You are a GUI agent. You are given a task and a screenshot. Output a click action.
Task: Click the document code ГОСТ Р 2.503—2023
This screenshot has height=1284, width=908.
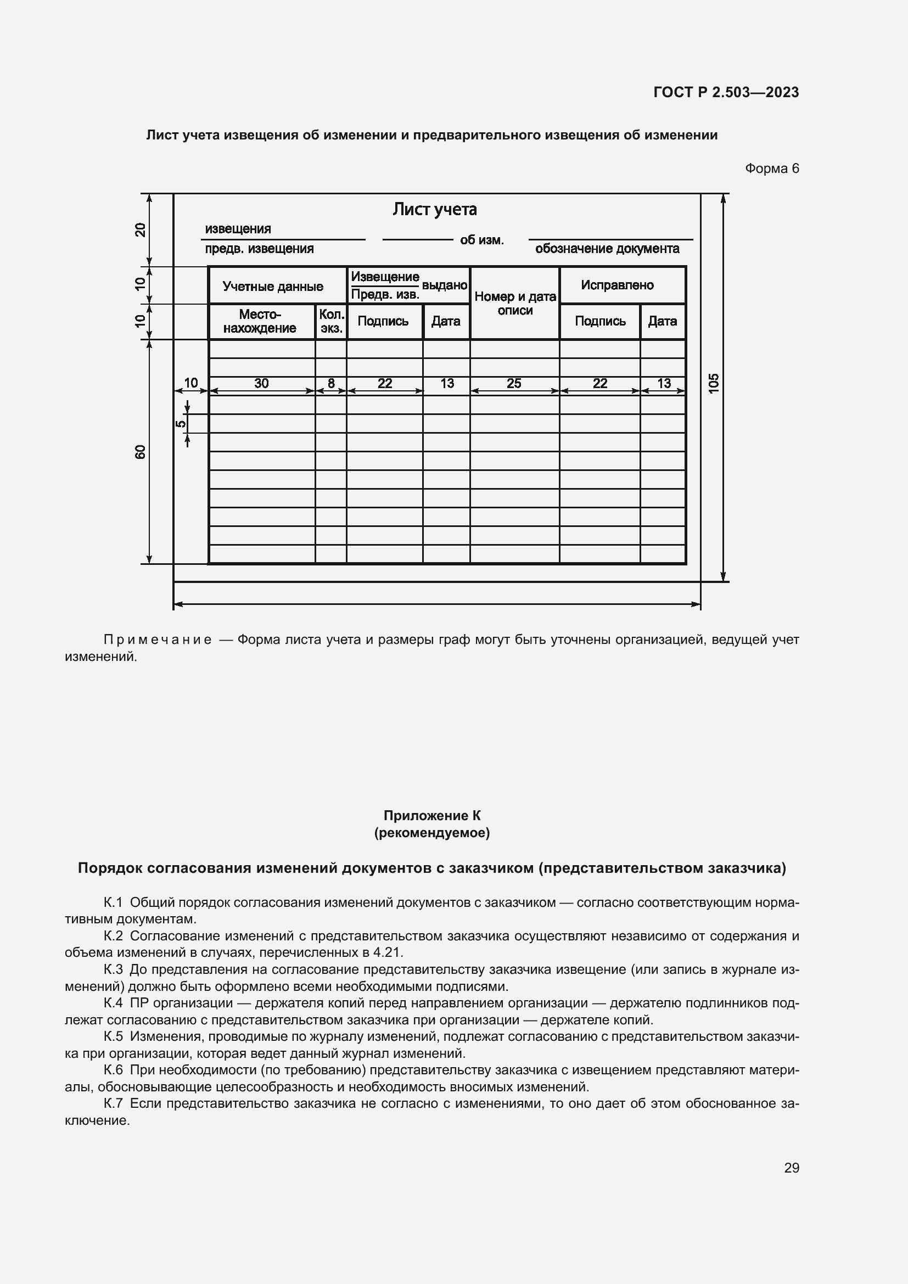click(726, 92)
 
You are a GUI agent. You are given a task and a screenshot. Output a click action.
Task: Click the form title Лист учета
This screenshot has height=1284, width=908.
click(434, 209)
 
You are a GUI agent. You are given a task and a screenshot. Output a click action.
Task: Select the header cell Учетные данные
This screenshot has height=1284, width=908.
click(273, 287)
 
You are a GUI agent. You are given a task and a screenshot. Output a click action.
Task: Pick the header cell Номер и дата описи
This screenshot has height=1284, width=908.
click(515, 303)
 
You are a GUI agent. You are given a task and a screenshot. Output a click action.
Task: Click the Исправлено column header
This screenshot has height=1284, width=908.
click(616, 285)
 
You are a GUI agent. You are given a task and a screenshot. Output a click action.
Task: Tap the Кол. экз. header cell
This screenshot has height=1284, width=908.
click(331, 322)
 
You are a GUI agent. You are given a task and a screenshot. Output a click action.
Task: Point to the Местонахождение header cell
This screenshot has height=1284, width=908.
click(260, 322)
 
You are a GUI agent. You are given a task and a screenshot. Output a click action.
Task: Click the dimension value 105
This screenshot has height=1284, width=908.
click(714, 383)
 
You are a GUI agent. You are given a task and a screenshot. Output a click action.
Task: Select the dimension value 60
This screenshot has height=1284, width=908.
click(141, 452)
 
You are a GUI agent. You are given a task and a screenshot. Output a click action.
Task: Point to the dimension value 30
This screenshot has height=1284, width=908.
click(261, 383)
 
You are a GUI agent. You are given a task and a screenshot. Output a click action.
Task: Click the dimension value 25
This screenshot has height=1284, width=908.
click(514, 383)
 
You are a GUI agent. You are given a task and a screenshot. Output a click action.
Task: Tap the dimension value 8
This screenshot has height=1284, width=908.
click(331, 383)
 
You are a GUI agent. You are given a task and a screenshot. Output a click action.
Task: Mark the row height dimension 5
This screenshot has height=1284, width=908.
click(180, 423)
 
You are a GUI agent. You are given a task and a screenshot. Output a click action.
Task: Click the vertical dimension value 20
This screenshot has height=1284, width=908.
click(141, 230)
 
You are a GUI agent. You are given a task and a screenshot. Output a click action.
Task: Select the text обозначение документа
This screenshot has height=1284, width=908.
click(607, 249)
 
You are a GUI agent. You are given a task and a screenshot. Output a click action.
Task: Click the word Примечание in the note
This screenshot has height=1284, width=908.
click(158, 640)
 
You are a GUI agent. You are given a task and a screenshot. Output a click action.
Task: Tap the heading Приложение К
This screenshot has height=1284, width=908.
click(431, 816)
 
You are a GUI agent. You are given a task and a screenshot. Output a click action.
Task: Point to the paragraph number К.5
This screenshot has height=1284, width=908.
click(113, 1036)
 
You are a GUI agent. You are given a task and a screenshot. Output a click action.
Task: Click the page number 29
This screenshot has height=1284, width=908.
click(791, 1168)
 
